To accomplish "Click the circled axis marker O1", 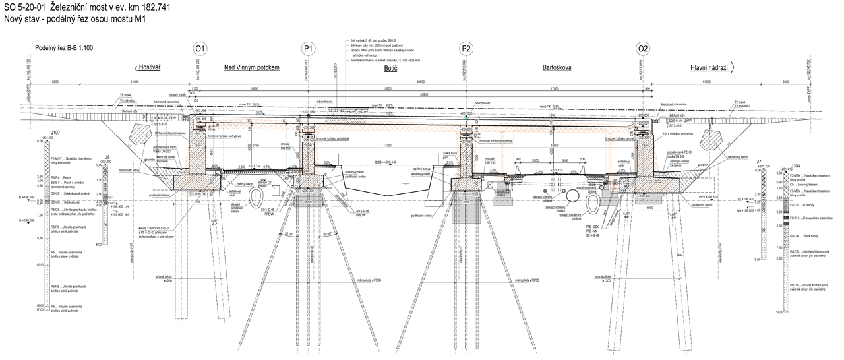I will (200, 49).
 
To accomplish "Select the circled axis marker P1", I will (308, 49).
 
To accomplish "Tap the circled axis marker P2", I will (466, 49).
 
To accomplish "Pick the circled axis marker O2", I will (643, 49).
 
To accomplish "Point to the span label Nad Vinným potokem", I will (253, 67).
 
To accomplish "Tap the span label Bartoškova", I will (557, 67).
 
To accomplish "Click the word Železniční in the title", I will (69, 7).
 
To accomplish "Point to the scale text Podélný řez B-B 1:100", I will (64, 48).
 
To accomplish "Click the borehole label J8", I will (106, 156).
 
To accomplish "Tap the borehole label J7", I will (760, 162).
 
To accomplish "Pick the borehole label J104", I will (781, 165).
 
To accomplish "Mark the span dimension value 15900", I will (386, 88).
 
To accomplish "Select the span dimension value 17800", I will (555, 88).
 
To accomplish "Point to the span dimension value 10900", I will (250, 88).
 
